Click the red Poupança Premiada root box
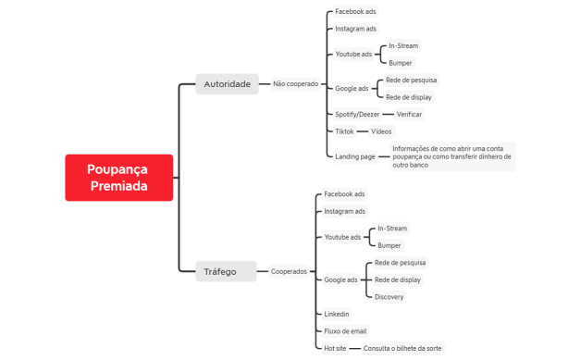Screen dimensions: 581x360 click(119, 178)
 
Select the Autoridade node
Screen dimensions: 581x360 click(228, 84)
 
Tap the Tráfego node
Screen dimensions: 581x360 click(226, 271)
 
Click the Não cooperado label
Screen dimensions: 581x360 click(296, 84)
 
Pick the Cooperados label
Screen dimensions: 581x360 click(289, 271)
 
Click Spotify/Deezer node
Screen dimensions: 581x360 click(357, 114)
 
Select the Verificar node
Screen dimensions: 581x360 click(409, 114)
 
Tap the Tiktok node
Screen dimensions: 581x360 click(344, 131)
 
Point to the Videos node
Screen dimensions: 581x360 click(381, 131)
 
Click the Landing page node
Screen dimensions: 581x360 click(355, 156)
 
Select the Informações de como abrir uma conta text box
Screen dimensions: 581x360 click(452, 156)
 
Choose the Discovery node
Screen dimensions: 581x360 click(389, 296)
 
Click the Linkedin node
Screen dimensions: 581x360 click(337, 314)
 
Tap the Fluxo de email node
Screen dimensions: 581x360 click(345, 331)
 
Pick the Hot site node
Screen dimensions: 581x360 click(335, 348)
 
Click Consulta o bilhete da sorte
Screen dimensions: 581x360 click(402, 348)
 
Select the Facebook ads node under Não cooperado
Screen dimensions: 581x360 click(355, 11)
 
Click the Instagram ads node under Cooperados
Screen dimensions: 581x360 click(344, 211)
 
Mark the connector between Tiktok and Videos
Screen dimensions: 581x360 click(363, 131)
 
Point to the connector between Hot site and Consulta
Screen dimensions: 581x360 click(355, 348)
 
